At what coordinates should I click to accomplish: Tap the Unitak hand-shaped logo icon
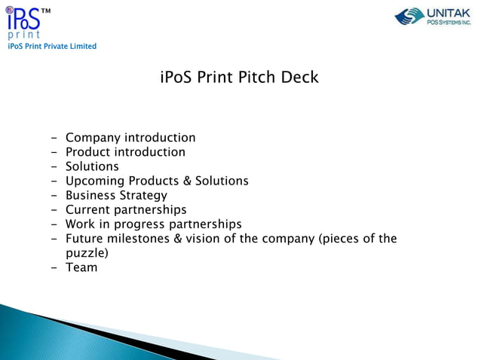point(410,16)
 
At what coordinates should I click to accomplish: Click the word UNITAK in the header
point(449,12)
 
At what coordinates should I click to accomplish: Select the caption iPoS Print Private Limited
point(52,47)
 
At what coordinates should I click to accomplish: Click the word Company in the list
point(93,138)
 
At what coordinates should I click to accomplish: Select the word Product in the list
point(90,152)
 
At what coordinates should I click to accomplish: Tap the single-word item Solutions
point(92,166)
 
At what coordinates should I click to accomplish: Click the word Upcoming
point(95,181)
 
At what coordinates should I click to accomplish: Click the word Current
point(89,209)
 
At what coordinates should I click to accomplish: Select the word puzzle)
point(87,253)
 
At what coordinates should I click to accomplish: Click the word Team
point(81,267)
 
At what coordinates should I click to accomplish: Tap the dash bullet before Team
point(55,267)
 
